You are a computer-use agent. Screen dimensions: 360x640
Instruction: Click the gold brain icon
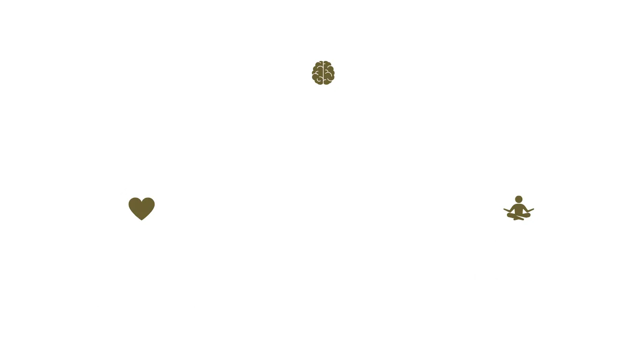click(x=323, y=73)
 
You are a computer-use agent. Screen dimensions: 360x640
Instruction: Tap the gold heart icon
click(x=141, y=208)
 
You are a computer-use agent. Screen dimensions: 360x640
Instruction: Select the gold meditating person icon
click(x=518, y=208)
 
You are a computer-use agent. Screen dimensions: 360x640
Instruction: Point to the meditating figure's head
click(x=519, y=199)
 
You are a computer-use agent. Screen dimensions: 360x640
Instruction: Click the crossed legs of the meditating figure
click(x=518, y=216)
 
